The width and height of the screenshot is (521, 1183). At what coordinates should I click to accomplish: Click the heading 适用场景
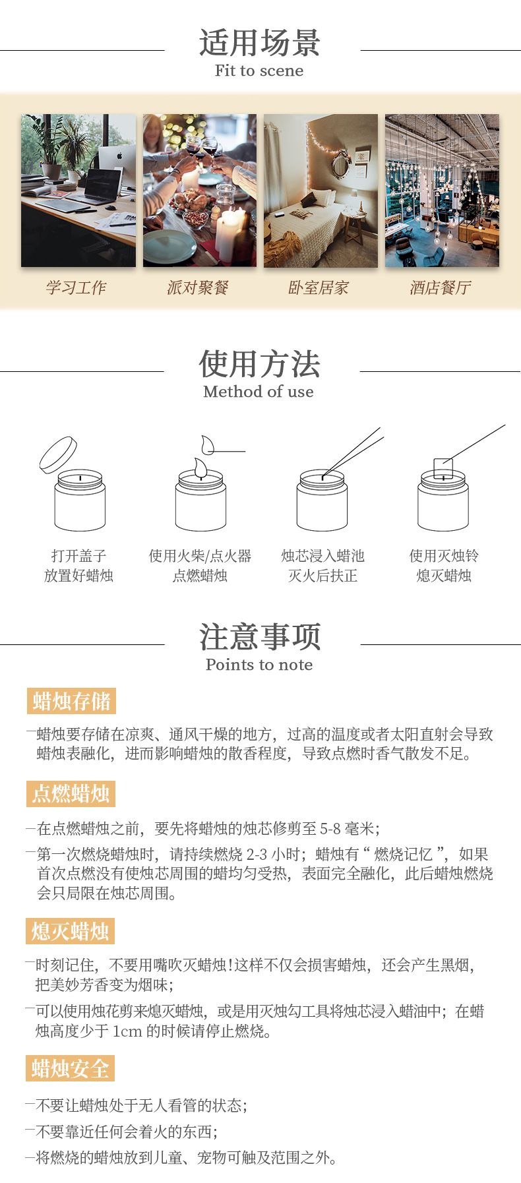click(260, 43)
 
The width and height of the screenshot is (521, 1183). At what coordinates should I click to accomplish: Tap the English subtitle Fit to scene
click(259, 71)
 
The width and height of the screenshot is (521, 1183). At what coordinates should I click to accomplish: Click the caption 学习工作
click(76, 288)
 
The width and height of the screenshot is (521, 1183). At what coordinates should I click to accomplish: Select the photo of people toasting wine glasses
click(200, 191)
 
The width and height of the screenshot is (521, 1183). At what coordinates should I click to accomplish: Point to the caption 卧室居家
click(319, 288)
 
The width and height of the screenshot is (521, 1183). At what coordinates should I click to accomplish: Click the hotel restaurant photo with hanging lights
click(442, 191)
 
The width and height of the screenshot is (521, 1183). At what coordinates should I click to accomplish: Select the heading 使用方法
click(260, 363)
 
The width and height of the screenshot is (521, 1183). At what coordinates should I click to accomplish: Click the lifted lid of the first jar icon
click(58, 454)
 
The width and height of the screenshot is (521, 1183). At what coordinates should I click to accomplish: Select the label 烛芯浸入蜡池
click(322, 556)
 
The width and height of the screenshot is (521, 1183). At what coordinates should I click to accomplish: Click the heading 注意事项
click(260, 636)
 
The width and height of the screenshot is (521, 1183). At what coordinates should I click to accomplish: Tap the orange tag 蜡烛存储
click(71, 701)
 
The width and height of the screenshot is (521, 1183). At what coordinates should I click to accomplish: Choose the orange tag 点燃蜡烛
click(71, 793)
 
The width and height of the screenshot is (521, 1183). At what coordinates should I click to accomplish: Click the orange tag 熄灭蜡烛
click(71, 931)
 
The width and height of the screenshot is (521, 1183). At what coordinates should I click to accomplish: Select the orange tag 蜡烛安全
click(71, 1068)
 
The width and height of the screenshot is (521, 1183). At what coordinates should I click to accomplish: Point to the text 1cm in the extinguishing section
click(127, 1031)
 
